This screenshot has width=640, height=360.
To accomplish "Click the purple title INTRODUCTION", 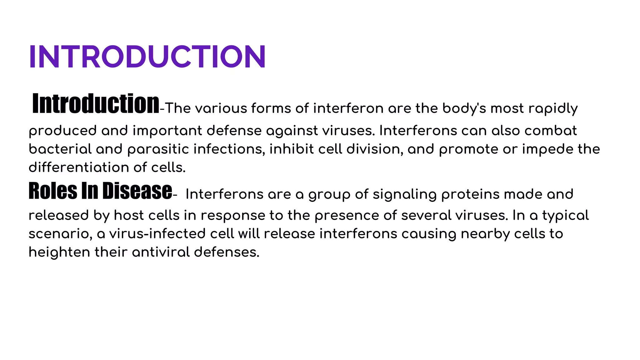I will pyautogui.click(x=147, y=57).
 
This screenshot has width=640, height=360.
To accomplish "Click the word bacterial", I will pyautogui.click(x=60, y=149).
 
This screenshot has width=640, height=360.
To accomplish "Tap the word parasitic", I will pyautogui.click(x=158, y=149).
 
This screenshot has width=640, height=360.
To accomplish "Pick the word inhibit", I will pyautogui.click(x=292, y=149).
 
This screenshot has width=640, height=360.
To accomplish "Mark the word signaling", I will pyautogui.click(x=405, y=194).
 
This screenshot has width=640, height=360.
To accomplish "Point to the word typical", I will pyautogui.click(x=565, y=215).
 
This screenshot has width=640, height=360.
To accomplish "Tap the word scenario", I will pyautogui.click(x=60, y=234).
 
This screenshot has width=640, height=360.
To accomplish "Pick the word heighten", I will pyautogui.click(x=59, y=252).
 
